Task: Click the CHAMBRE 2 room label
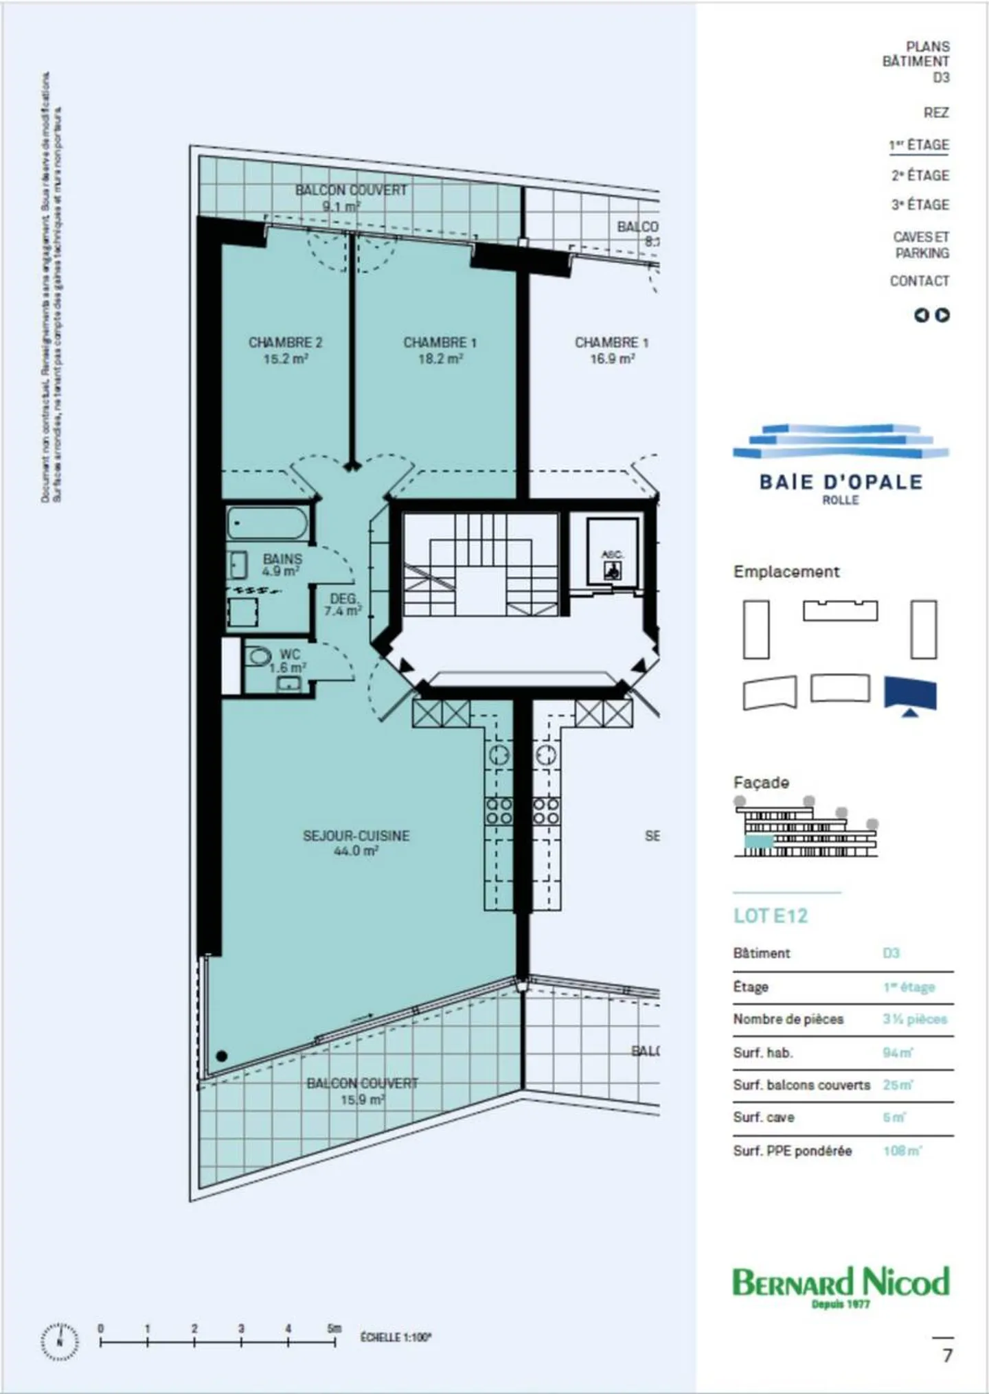click(x=285, y=342)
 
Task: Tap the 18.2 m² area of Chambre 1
click(x=440, y=358)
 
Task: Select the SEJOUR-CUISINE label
click(x=356, y=836)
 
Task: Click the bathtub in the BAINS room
click(x=268, y=524)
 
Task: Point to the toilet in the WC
click(x=258, y=656)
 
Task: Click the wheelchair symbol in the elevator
click(x=612, y=569)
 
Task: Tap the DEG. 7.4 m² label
click(x=343, y=604)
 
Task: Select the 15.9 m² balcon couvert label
click(x=362, y=1099)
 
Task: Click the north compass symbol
click(x=60, y=1341)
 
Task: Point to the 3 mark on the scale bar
click(x=241, y=1329)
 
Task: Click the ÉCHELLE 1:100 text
click(x=396, y=1337)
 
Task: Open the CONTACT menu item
click(x=919, y=281)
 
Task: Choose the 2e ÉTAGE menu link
click(x=920, y=175)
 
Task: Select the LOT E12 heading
click(x=771, y=915)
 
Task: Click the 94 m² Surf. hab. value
click(x=897, y=1053)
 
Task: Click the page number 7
click(x=947, y=1356)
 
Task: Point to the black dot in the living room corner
click(x=222, y=1055)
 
